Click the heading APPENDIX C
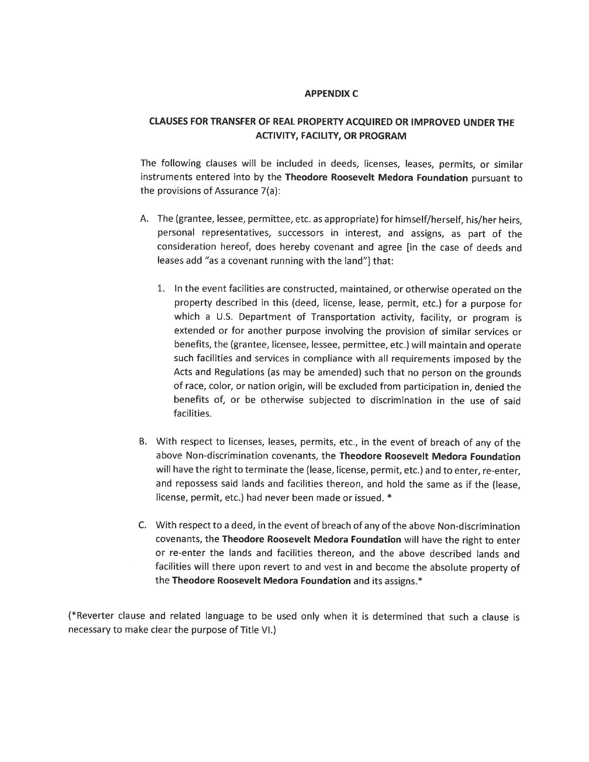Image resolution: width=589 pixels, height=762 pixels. tap(331, 94)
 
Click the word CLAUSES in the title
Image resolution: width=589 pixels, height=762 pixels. tap(169, 122)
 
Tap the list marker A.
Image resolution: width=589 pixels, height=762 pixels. tap(144, 219)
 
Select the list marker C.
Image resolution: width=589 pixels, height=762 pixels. tap(143, 525)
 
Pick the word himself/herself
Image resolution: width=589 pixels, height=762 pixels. tap(426, 219)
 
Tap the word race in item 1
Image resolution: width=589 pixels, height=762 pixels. tap(192, 387)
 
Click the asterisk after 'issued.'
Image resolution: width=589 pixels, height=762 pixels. tap(389, 498)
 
